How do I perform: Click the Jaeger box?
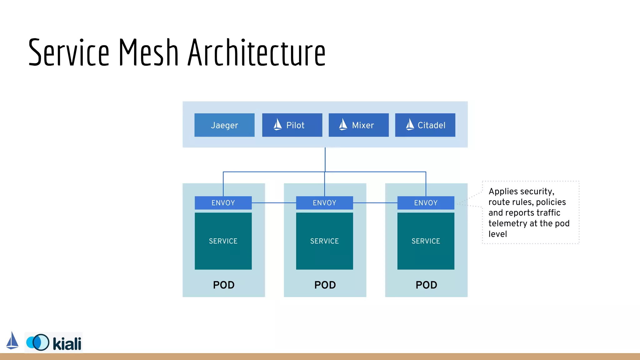(x=224, y=125)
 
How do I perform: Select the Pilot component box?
(x=292, y=125)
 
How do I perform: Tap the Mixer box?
(x=359, y=125)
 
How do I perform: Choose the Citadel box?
(x=425, y=125)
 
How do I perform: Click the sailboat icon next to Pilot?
(x=277, y=124)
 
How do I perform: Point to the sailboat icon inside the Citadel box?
(x=410, y=124)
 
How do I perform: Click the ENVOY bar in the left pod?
(x=223, y=203)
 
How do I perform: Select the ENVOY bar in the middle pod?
(x=324, y=203)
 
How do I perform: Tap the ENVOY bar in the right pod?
(x=426, y=203)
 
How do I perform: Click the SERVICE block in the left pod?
(x=223, y=241)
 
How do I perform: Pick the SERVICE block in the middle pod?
(x=324, y=241)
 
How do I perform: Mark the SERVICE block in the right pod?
(x=426, y=241)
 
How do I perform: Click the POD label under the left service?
(x=224, y=285)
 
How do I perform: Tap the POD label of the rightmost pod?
(x=426, y=285)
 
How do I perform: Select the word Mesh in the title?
(x=148, y=52)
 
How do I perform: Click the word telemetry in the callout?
(x=507, y=223)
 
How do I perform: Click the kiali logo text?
(x=67, y=344)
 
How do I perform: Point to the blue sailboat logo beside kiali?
(x=12, y=341)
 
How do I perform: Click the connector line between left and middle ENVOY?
(x=274, y=203)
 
